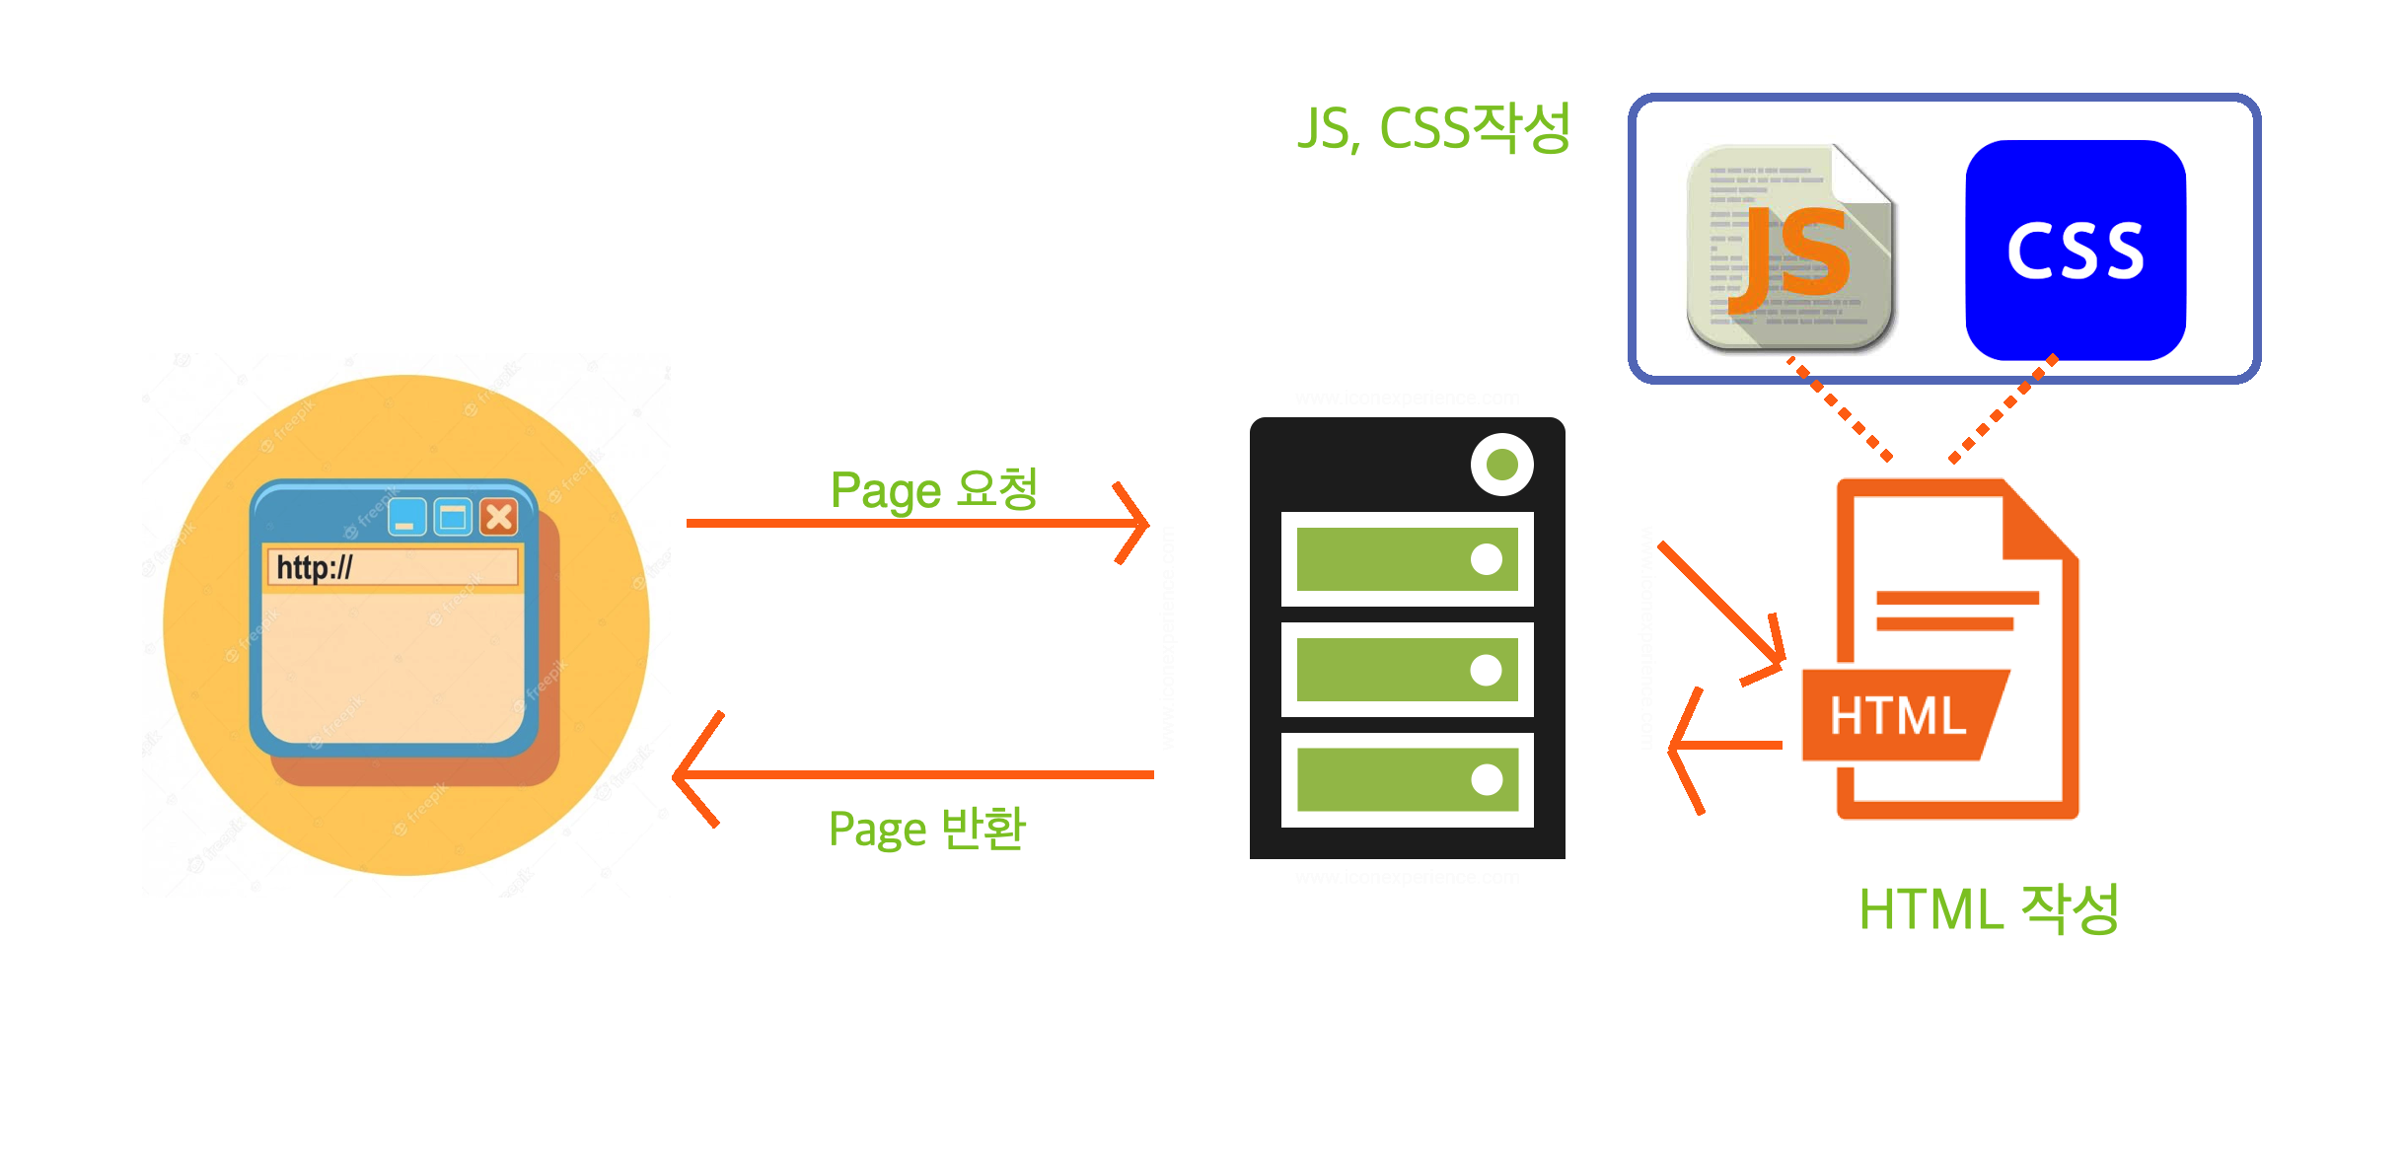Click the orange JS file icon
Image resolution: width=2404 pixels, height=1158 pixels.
coord(1788,247)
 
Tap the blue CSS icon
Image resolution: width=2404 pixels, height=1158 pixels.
coord(2076,250)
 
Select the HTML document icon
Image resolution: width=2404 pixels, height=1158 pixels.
coord(1940,649)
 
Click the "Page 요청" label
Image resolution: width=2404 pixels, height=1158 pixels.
coord(933,490)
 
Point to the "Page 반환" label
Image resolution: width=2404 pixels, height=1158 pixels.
coord(927,829)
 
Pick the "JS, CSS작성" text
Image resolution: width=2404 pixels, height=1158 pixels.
coord(1433,129)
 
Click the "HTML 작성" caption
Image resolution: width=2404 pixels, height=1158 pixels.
coord(1989,908)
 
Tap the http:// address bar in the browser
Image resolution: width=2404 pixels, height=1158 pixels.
coord(393,567)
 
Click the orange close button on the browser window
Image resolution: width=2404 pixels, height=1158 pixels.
coord(499,516)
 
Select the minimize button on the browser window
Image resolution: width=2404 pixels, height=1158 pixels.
coord(406,516)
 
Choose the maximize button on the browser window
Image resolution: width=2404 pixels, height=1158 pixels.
coord(453,516)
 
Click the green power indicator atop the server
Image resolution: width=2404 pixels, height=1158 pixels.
coord(1501,464)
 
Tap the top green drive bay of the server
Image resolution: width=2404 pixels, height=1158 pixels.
coord(1407,559)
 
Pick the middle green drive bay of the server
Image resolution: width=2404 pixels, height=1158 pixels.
coord(1407,670)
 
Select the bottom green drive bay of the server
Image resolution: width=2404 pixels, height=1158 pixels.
coord(1407,779)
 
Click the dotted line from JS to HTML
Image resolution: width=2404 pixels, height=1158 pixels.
coord(1841,410)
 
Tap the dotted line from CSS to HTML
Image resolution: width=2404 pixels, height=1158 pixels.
coord(2003,408)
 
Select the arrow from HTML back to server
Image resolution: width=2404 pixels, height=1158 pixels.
coord(1726,746)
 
